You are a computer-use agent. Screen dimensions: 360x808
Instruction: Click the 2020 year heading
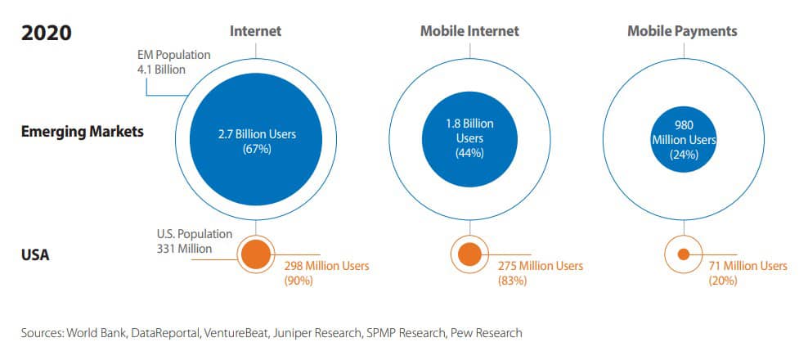pyautogui.click(x=47, y=33)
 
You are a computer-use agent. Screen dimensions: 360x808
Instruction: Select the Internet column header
pyautogui.click(x=255, y=31)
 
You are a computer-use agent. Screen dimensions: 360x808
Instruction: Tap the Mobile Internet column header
pyautogui.click(x=469, y=31)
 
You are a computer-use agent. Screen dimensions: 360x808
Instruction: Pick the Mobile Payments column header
pyautogui.click(x=682, y=31)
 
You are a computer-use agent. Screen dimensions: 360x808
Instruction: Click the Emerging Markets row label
pyautogui.click(x=82, y=131)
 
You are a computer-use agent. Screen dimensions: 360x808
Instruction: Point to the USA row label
pyautogui.click(x=35, y=255)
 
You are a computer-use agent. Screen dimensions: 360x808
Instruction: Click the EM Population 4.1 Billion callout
pyautogui.click(x=173, y=62)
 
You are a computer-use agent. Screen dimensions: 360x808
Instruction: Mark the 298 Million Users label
pyautogui.click(x=326, y=266)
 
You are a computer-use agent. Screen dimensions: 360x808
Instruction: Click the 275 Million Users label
pyautogui.click(x=541, y=266)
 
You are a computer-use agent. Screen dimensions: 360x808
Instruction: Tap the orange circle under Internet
pyautogui.click(x=255, y=254)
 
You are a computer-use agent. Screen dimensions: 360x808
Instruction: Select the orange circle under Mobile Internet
pyautogui.click(x=469, y=254)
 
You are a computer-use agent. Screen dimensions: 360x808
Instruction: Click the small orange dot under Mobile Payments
pyautogui.click(x=682, y=254)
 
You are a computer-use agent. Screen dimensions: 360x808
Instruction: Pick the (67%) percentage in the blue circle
pyautogui.click(x=255, y=150)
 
